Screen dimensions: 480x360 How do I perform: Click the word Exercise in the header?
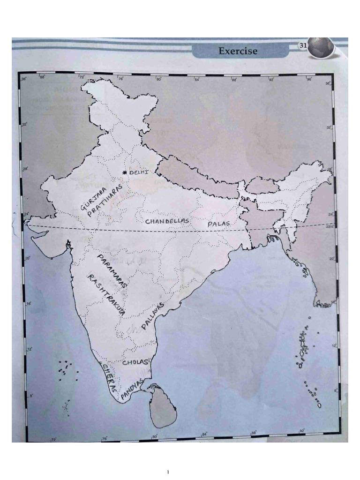pos(238,51)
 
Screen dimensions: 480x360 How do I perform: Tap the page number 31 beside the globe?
pos(302,45)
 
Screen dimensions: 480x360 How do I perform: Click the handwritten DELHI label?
pos(139,172)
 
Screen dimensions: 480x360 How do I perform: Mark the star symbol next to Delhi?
pos(124,173)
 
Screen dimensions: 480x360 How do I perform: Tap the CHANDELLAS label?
pos(167,220)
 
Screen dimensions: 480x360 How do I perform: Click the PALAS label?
pos(219,224)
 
